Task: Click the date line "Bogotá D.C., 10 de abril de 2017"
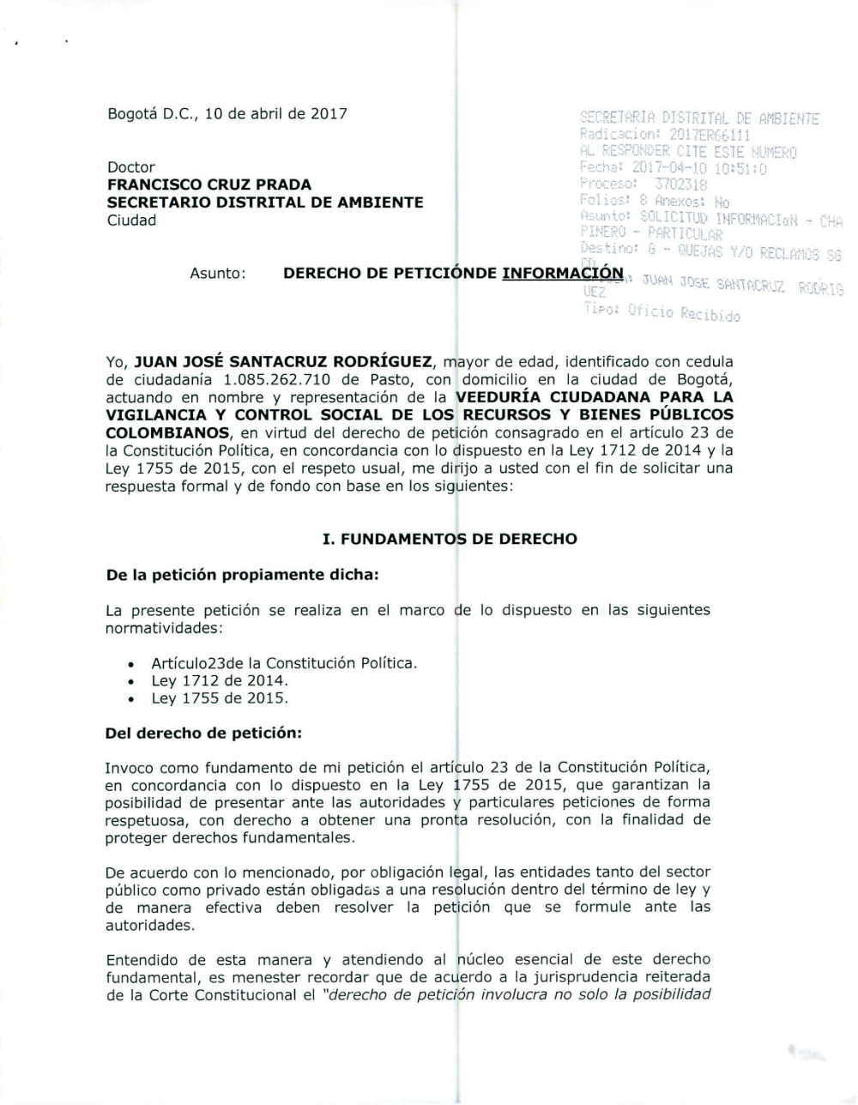coord(227,114)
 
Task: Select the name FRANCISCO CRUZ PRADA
coord(209,184)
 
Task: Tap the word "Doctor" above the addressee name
coord(131,167)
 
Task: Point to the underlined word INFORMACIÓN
coord(562,274)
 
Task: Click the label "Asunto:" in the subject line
coord(219,274)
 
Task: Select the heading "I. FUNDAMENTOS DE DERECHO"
coord(449,539)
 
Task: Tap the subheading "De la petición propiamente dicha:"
coord(241,575)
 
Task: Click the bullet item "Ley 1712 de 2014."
coord(220,680)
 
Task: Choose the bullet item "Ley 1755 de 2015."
coord(220,698)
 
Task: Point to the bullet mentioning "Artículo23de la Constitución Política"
coord(283,663)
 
